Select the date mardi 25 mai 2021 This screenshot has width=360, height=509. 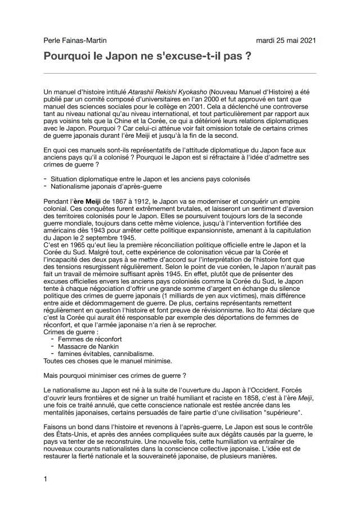(286, 40)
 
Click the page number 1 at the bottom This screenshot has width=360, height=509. (45, 479)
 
